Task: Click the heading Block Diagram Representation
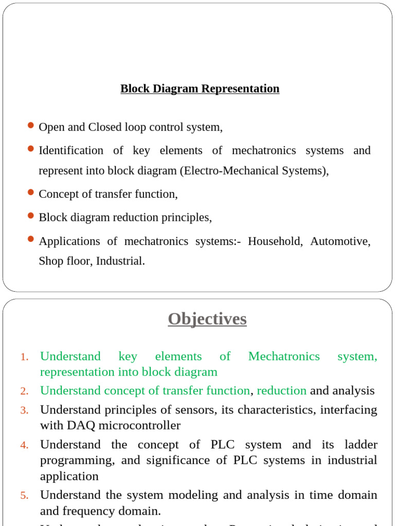(x=200, y=88)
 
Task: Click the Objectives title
(x=207, y=319)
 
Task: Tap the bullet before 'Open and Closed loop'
(x=30, y=125)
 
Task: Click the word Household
(x=275, y=241)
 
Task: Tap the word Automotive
(x=340, y=241)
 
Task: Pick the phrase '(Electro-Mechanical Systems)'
(x=254, y=171)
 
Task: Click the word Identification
(x=71, y=151)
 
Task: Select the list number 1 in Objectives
(x=25, y=357)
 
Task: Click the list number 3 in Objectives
(x=25, y=410)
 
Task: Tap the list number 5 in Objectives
(x=25, y=496)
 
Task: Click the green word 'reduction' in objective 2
(x=281, y=390)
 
